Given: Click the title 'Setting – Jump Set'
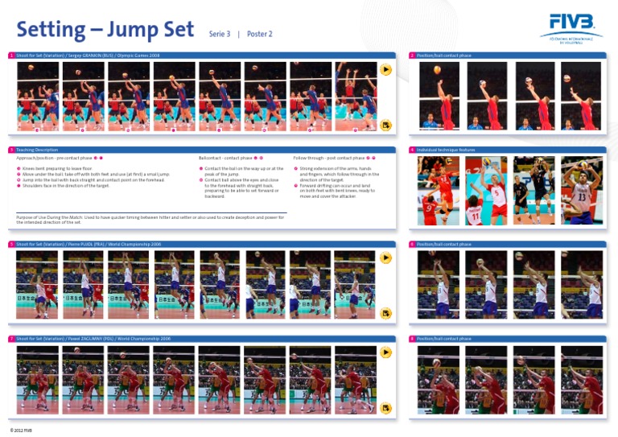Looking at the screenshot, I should click(105, 31).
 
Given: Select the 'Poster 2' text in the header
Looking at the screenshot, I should click(260, 35).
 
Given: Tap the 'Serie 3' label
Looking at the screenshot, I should click(220, 35).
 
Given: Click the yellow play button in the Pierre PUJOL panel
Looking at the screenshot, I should click(385, 258).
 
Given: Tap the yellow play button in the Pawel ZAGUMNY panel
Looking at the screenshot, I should click(385, 352).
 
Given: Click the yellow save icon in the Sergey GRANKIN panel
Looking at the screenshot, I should click(385, 125).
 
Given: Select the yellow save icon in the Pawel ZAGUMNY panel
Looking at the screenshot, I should click(385, 408).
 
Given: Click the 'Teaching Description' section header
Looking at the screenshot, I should click(37, 150).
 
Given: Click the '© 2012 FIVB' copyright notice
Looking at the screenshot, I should click(22, 431).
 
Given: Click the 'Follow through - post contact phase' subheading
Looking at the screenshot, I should click(329, 159).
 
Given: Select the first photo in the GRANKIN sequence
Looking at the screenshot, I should click(38, 94).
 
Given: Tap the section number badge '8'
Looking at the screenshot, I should click(412, 339).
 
